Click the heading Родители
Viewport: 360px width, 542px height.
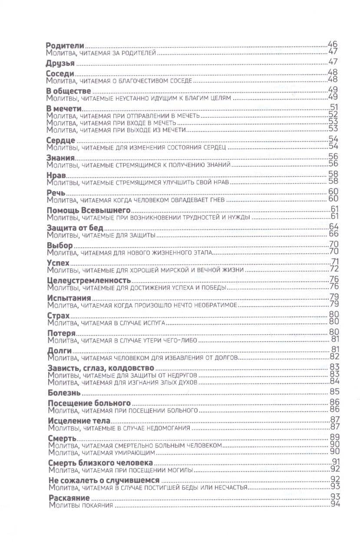[x=65, y=46]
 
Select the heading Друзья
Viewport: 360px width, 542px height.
[x=60, y=63]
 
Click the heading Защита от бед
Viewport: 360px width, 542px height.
[x=74, y=228]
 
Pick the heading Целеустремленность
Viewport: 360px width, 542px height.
[x=88, y=279]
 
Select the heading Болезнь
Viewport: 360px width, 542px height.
[x=63, y=392]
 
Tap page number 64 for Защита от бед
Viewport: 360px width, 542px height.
[x=334, y=227]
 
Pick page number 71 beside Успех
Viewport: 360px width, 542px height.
[x=334, y=262]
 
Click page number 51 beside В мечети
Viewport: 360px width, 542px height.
[x=334, y=108]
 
